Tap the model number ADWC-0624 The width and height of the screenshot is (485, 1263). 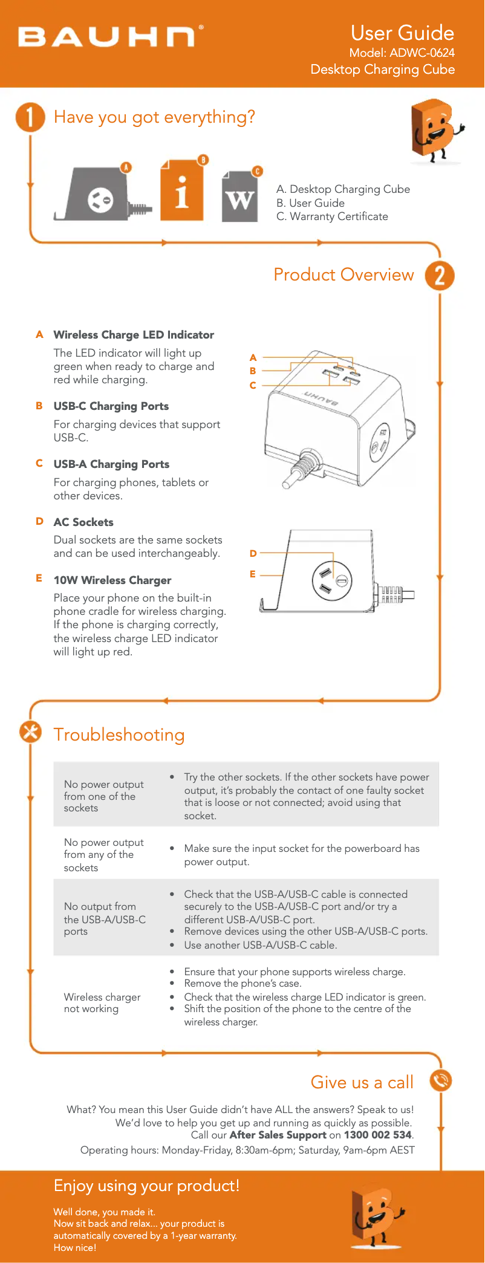[422, 53]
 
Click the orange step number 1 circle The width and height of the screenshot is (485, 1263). [30, 117]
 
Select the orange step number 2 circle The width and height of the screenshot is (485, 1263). [440, 276]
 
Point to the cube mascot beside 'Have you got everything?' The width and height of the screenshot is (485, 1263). [435, 130]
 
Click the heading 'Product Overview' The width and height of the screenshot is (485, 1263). [343, 275]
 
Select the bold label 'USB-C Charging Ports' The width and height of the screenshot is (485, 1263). [111, 406]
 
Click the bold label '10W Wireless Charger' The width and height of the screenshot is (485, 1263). [112, 580]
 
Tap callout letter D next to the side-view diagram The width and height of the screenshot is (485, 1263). [253, 553]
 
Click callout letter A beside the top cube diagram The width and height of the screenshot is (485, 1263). [253, 358]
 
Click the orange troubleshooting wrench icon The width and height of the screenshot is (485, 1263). [30, 732]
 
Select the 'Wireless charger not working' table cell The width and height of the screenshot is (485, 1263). [102, 1002]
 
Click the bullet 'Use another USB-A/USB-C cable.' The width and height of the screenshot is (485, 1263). [260, 945]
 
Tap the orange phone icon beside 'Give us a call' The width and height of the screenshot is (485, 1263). [441, 1080]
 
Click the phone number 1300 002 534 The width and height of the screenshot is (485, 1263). [377, 1135]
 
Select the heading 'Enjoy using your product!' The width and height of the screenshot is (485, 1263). [146, 1186]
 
